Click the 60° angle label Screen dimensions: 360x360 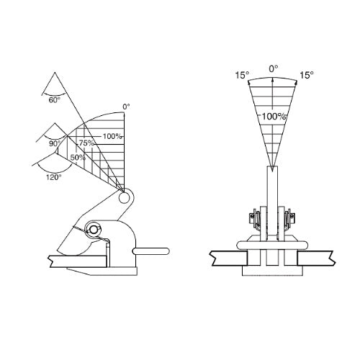click(55, 100)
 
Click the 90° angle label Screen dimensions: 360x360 click(55, 144)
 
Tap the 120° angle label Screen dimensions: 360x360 click(54, 177)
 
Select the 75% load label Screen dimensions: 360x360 click(86, 143)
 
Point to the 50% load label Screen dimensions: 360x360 click(78, 158)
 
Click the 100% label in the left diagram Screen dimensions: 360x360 click(112, 137)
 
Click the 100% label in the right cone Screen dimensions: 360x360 click(274, 117)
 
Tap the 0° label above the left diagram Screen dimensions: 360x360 click(126, 107)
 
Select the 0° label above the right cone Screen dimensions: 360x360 click(274, 69)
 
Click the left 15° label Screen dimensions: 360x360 click(242, 75)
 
